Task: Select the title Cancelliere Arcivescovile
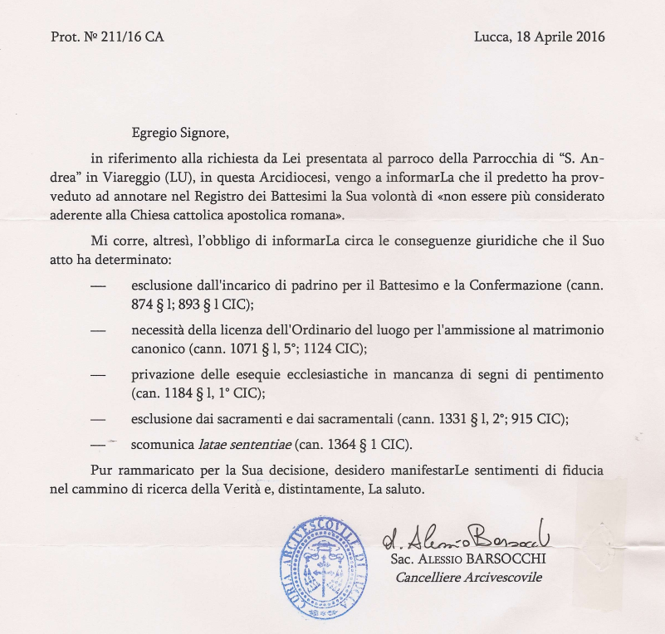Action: [468, 577]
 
